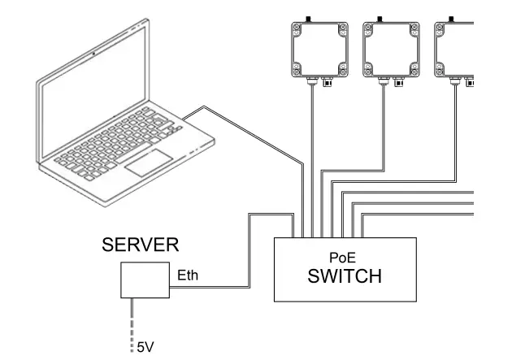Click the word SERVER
(x=140, y=245)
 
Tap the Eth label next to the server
(x=188, y=276)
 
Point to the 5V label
(x=144, y=348)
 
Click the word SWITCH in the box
(x=345, y=276)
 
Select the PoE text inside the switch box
(x=345, y=254)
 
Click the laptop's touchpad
(x=147, y=160)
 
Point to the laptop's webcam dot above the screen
(x=94, y=53)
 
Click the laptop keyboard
(x=122, y=145)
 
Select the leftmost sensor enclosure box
(x=319, y=48)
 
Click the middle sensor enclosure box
(x=391, y=48)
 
